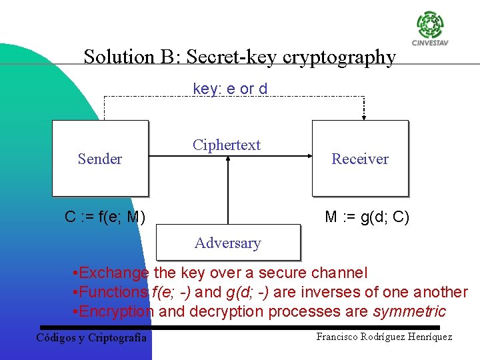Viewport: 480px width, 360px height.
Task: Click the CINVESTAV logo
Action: pos(430,29)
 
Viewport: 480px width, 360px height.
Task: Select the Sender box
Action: pos(100,158)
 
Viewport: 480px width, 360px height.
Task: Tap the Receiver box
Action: pos(360,158)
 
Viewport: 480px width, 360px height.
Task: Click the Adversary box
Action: pos(227,243)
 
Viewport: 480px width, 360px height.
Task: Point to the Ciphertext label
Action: pos(227,145)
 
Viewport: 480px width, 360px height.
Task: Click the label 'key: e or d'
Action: pos(230,89)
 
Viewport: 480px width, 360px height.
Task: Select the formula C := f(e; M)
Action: pos(105,217)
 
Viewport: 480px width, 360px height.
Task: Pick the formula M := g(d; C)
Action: pos(367,217)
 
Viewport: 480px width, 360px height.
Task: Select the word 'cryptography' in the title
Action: pos(339,58)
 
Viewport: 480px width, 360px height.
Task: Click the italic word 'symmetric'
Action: pos(409,311)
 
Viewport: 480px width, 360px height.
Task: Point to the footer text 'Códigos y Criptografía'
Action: pos(91,337)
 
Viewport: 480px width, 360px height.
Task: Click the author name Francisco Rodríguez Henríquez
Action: pos(384,337)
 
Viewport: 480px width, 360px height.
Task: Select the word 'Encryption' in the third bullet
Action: pos(117,311)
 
